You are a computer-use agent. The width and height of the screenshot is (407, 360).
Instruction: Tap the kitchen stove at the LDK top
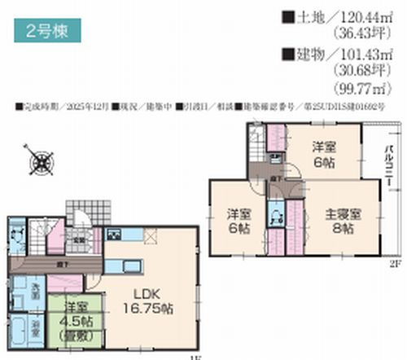click(113, 235)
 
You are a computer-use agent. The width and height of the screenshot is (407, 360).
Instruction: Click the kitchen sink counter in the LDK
click(131, 268)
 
